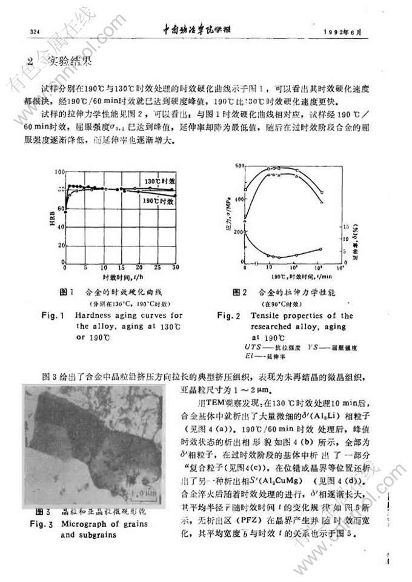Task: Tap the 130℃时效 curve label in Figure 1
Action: point(159,181)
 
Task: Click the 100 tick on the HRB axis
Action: point(58,171)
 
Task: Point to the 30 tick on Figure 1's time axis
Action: point(176,267)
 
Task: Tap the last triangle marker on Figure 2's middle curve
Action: point(321,202)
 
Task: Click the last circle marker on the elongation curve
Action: point(321,249)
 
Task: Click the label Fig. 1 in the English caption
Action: point(53,316)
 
